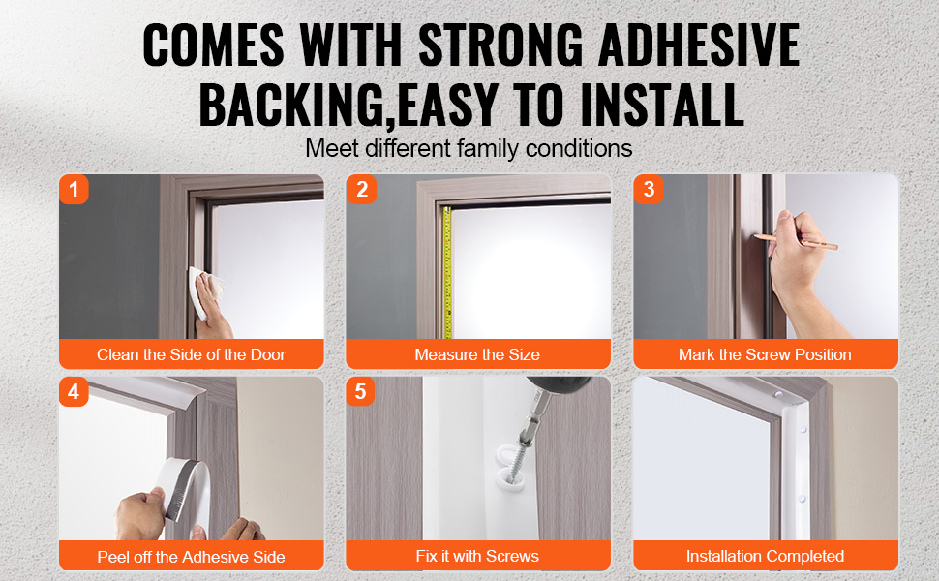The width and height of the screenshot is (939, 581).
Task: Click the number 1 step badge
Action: point(74,189)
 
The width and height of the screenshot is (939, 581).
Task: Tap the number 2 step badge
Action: point(361,189)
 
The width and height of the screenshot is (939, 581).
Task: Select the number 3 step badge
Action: point(649,189)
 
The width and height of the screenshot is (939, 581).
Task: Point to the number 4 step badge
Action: point(74,392)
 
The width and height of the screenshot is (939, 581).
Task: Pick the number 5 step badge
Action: point(360,392)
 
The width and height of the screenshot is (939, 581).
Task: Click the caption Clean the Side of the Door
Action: point(191,354)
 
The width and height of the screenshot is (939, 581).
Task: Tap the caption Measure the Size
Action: point(477,354)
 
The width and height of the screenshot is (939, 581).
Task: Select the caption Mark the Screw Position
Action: point(765,354)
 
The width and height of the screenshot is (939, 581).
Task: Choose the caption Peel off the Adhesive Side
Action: point(191,557)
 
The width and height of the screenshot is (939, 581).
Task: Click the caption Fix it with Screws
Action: point(477,557)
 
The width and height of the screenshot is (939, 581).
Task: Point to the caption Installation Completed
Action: point(765,557)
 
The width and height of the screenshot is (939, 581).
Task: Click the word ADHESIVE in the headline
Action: point(699,45)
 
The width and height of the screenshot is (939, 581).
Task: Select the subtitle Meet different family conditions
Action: point(469,148)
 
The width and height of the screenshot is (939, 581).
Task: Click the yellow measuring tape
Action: point(446,272)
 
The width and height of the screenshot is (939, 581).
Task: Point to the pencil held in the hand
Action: point(797,240)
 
